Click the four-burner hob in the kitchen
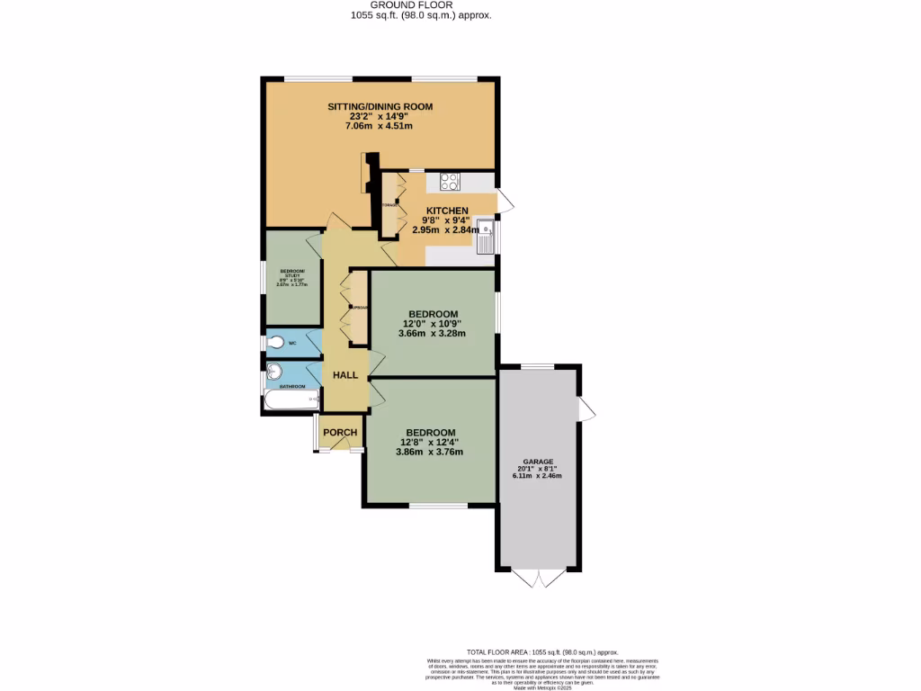[450, 181]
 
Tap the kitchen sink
[486, 237]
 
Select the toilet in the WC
[276, 343]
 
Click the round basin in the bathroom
[274, 372]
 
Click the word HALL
[345, 375]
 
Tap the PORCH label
[340, 433]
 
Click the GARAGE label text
[539, 462]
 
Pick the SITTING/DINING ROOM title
[379, 106]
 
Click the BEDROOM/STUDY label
[292, 274]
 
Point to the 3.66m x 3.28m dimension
[432, 334]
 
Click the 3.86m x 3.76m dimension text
[429, 452]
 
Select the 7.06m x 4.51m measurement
[379, 127]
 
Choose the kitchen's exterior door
[505, 202]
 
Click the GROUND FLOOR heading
[420, 5]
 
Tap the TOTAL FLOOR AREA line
[542, 651]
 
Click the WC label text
[292, 342]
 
